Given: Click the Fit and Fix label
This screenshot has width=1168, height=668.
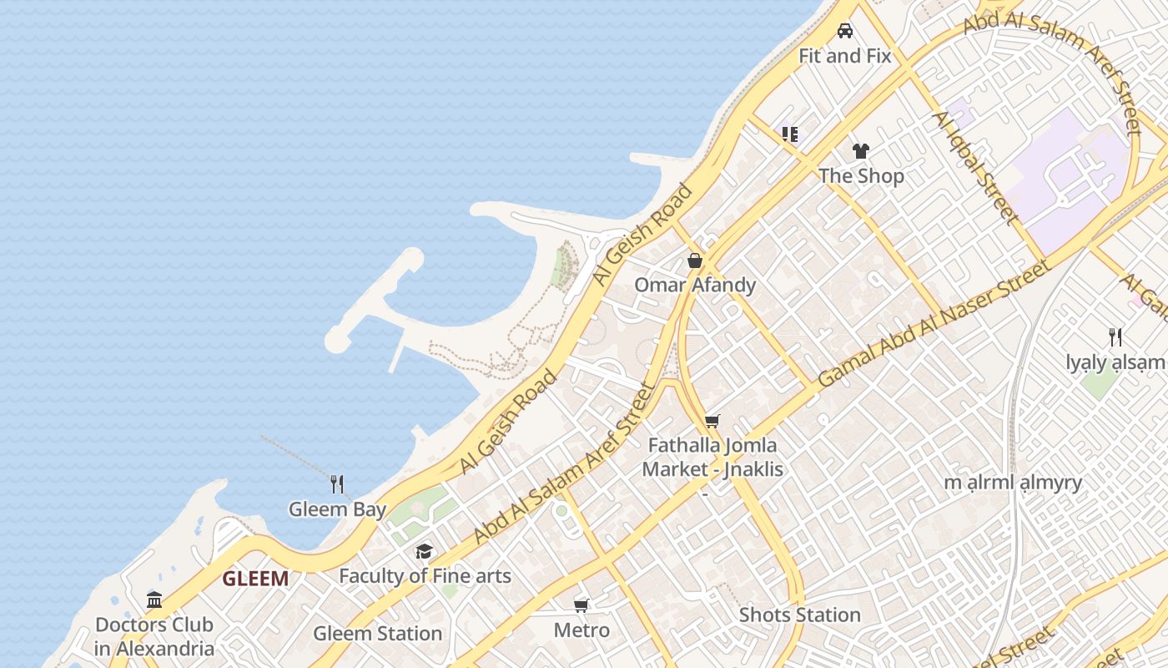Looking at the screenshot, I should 844,56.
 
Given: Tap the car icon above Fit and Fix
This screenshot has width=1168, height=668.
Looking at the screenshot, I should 845,32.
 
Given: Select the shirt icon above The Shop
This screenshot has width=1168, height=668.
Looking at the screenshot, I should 861,151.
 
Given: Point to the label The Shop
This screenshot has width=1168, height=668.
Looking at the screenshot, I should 861,175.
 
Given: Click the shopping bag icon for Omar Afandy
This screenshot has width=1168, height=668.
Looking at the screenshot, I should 695,261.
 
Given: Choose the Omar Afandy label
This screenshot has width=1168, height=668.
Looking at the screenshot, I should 695,285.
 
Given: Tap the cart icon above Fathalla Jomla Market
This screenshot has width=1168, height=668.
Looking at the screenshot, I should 712,421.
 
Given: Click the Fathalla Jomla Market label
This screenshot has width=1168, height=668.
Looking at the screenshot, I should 712,458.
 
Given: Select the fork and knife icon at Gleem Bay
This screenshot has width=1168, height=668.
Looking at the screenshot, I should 337,484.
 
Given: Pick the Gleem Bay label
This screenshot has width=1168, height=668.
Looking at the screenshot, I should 337,509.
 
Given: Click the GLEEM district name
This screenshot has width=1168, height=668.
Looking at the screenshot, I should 255,579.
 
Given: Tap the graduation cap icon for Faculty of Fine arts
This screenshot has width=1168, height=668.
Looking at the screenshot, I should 425,551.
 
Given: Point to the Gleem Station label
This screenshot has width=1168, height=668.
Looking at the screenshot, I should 377,633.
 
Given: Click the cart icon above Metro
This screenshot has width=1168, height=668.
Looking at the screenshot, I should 581,605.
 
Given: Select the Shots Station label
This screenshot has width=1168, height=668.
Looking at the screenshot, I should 799,615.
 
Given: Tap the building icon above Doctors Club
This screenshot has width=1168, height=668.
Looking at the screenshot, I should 154,600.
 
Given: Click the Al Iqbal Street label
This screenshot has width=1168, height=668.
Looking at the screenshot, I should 975,167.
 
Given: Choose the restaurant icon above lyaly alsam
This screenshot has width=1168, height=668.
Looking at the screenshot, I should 1115,337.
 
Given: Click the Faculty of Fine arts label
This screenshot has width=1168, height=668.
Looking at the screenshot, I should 425,576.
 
